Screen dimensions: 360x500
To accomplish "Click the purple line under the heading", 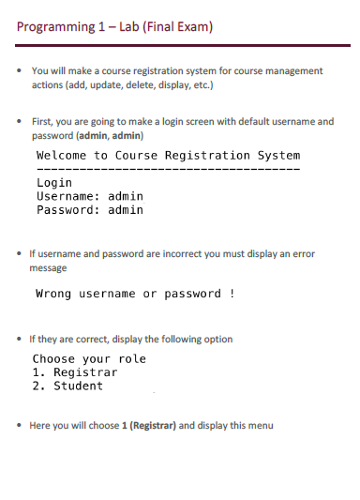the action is click(180, 45).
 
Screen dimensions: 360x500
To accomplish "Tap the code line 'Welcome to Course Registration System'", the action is click(168, 155).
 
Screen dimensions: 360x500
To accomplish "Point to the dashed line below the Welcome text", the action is click(168, 169).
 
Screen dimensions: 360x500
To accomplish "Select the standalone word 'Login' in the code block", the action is click(53, 183).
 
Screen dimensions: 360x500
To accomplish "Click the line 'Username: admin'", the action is click(89, 196).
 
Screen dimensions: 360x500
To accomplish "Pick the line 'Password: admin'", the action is click(89, 210).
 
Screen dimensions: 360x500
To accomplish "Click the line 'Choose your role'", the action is click(89, 359).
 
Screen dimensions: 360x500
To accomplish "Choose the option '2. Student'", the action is click(67, 386).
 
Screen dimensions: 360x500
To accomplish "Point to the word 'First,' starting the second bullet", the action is click(42, 122).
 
